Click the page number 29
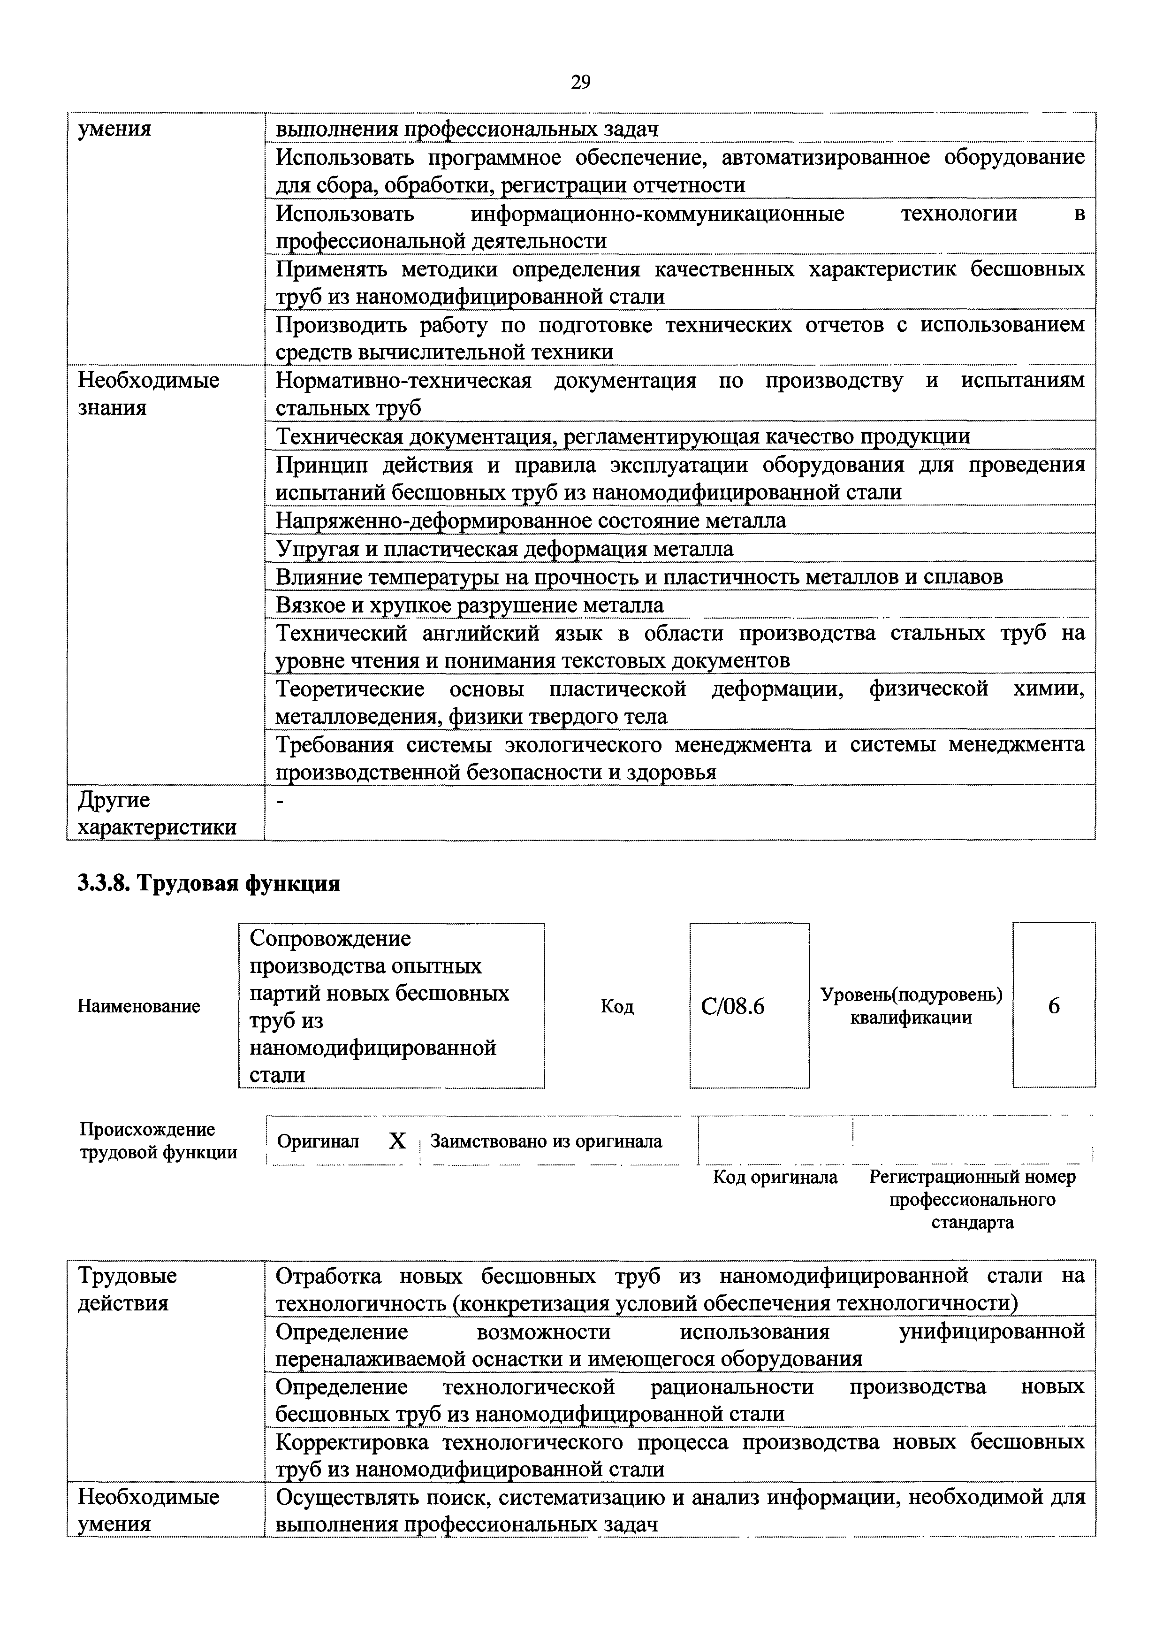pyautogui.click(x=580, y=83)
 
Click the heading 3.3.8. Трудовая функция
pyautogui.click(x=208, y=884)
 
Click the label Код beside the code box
pyautogui.click(x=617, y=1007)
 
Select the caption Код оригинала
pyautogui.click(x=775, y=1177)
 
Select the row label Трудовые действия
pyautogui.click(x=127, y=1289)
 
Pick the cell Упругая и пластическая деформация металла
pyautogui.click(x=504, y=549)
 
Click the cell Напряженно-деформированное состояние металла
pyautogui.click(x=530, y=521)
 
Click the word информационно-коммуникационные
pyautogui.click(x=657, y=214)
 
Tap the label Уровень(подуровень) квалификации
pyautogui.click(x=911, y=1006)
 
